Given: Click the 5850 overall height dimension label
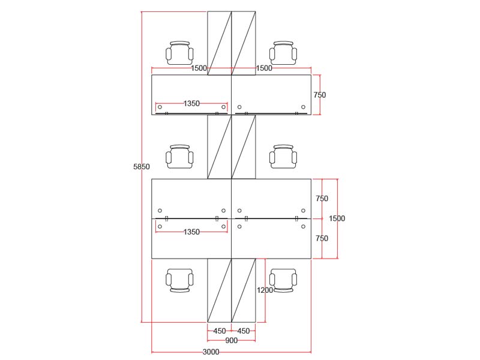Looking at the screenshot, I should point(141,167).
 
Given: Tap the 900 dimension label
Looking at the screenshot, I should point(232,341).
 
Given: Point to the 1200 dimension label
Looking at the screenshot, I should point(265,290).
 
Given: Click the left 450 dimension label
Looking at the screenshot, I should point(220,331).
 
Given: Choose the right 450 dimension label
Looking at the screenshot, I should point(244,331).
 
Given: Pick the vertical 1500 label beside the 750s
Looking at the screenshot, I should point(337,219).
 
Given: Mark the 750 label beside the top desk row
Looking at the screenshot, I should point(320,95).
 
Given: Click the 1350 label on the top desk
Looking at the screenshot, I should point(191,104).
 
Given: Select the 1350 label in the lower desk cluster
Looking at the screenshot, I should point(191,232).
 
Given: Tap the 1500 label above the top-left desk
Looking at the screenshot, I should point(199,68).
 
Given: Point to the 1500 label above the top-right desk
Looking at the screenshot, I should point(264,68).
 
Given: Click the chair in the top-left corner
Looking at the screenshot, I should point(180,53).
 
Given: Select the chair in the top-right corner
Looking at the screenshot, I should point(283,53).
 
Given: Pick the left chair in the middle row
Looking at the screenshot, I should point(180,157).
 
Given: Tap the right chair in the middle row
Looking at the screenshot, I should point(283,157).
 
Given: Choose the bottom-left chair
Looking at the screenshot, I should point(180,280).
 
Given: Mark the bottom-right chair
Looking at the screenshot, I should point(283,280).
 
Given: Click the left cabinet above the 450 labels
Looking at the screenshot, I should point(220,290).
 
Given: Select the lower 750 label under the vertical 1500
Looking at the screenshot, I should point(322,239).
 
